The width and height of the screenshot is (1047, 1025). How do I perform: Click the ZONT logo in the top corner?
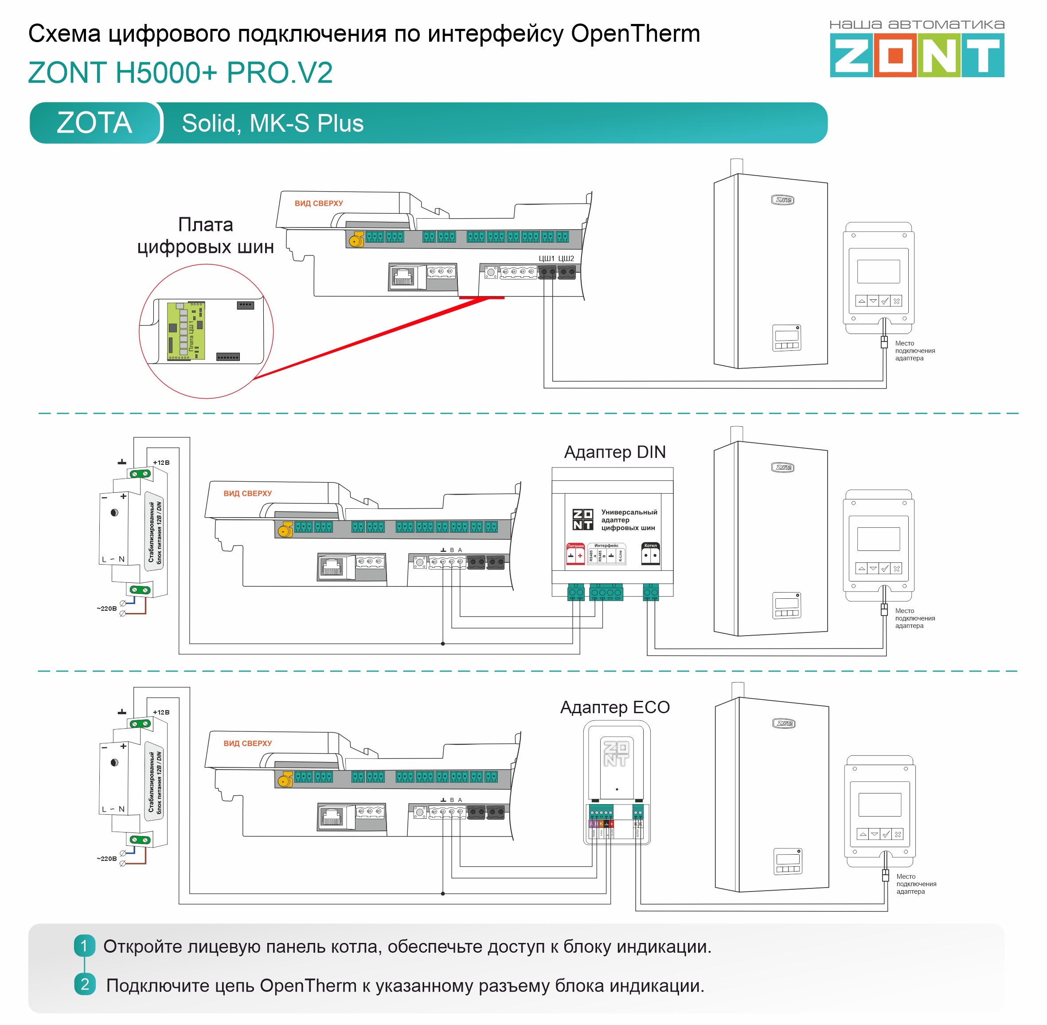pyautogui.click(x=916, y=55)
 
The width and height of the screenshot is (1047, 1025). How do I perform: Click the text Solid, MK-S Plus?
pyautogui.click(x=272, y=123)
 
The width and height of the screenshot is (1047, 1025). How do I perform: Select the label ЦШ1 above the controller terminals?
pyautogui.click(x=546, y=259)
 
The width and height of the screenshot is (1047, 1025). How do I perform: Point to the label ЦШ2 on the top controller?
pyautogui.click(x=566, y=259)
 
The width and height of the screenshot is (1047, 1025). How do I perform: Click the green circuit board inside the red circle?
pyautogui.click(x=186, y=330)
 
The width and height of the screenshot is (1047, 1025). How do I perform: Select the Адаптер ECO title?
pyautogui.click(x=614, y=707)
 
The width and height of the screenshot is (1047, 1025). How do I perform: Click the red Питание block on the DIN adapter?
pyautogui.click(x=575, y=554)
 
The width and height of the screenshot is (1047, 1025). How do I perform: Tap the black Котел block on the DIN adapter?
pyautogui.click(x=650, y=554)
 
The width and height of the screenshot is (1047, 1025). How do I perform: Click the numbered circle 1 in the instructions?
pyautogui.click(x=85, y=946)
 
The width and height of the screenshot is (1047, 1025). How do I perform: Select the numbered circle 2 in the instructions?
pyautogui.click(x=85, y=985)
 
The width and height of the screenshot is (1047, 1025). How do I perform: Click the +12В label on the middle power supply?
pyautogui.click(x=161, y=463)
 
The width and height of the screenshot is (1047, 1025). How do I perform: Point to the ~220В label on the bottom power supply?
pyautogui.click(x=106, y=859)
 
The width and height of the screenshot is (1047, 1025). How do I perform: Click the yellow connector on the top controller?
pyautogui.click(x=356, y=240)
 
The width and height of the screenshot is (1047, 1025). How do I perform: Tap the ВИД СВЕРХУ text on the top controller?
pyautogui.click(x=319, y=204)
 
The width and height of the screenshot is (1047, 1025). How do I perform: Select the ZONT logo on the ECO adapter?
pyautogui.click(x=616, y=754)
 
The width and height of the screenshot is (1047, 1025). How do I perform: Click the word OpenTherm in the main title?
pyautogui.click(x=635, y=33)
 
